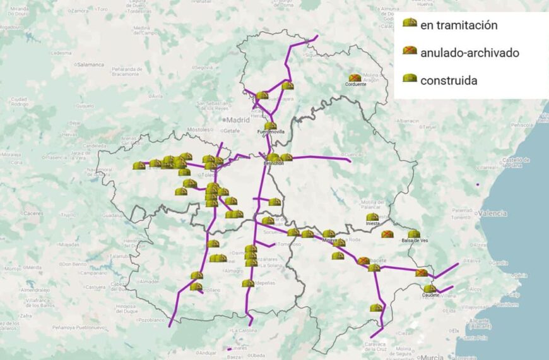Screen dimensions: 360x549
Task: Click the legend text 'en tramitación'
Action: click(x=459, y=25)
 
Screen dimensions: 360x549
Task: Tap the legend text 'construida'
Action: click(x=449, y=80)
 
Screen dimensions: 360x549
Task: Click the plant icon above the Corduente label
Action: click(x=355, y=78)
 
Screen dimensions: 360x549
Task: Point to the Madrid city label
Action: click(x=239, y=119)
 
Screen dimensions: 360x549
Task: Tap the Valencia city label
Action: click(x=492, y=213)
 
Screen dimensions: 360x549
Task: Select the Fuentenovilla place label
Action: click(x=271, y=132)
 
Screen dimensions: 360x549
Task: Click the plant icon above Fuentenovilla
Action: click(x=270, y=126)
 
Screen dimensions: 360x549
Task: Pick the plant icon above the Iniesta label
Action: click(x=372, y=217)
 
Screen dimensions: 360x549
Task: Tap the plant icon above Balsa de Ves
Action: click(x=414, y=234)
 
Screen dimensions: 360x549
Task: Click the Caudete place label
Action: click(x=432, y=295)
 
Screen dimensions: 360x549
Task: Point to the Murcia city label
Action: click(x=432, y=357)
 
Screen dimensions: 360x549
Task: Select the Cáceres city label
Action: click(x=32, y=213)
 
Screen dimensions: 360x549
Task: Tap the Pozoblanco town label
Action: click(x=151, y=320)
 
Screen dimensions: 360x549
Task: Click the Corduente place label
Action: click(x=355, y=85)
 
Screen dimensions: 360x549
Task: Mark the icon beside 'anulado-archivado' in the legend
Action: click(x=410, y=50)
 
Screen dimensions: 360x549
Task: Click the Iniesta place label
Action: click(x=372, y=224)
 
